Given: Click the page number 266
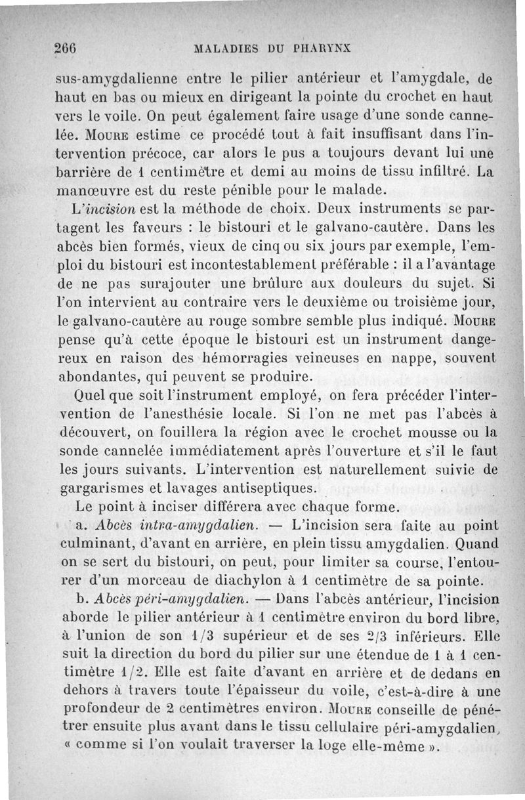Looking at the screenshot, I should tap(66, 47).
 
